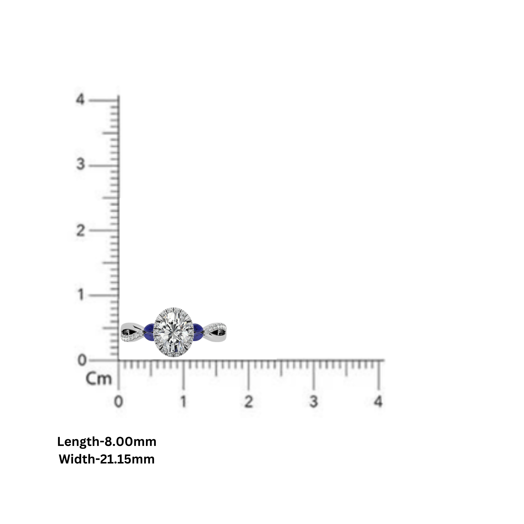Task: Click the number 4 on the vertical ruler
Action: pyautogui.click(x=80, y=99)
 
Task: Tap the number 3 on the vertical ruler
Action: pyautogui.click(x=80, y=164)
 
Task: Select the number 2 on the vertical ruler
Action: pyautogui.click(x=80, y=231)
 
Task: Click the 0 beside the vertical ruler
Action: pyautogui.click(x=82, y=361)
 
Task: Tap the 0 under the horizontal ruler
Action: pyautogui.click(x=118, y=402)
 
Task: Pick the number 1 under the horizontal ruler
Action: pyautogui.click(x=184, y=402)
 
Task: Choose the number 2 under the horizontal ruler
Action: pyautogui.click(x=248, y=402)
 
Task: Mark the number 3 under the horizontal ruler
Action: pyautogui.click(x=314, y=402)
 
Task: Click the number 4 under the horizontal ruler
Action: pyautogui.click(x=378, y=402)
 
